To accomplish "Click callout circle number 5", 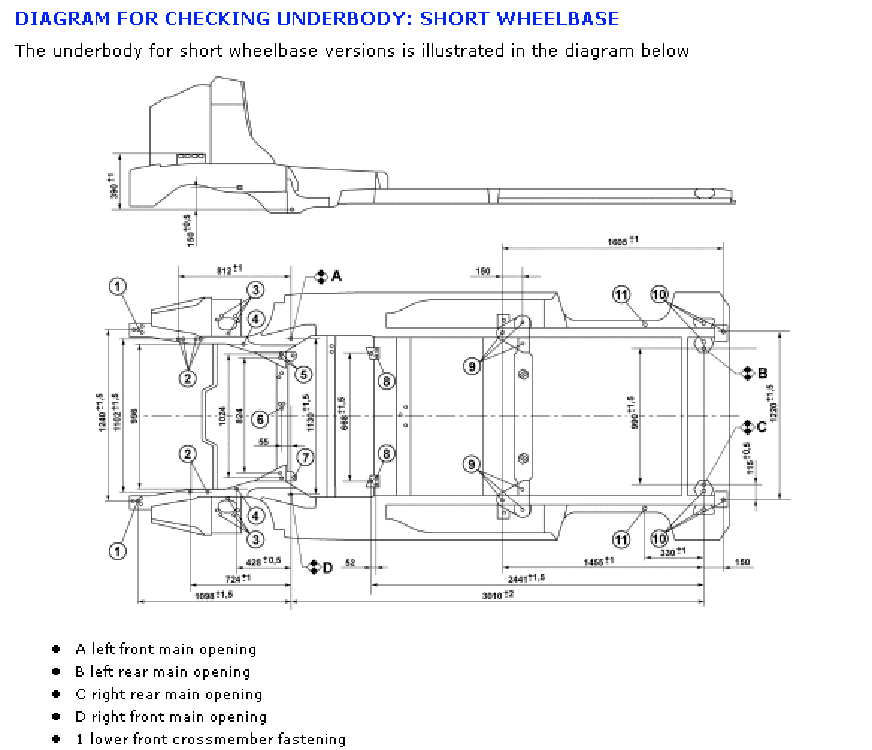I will [x=304, y=374].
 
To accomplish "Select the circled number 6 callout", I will [x=261, y=420].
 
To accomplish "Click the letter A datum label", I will [x=336, y=276].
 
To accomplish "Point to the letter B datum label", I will [x=762, y=373].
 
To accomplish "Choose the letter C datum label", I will [x=762, y=427].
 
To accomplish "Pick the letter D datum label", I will [x=327, y=568].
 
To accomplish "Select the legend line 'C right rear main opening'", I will [x=168, y=694].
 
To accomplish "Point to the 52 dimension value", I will [x=350, y=562].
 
